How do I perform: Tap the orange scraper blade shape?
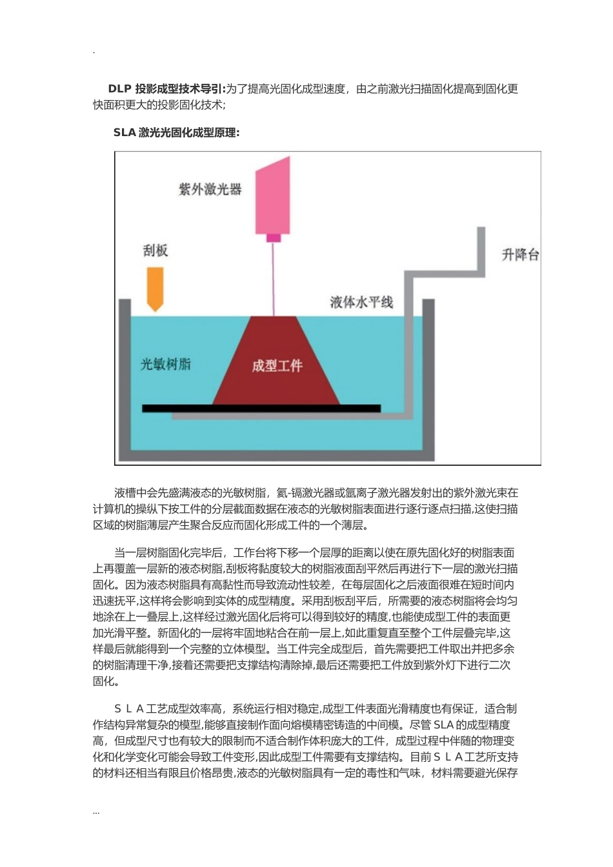point(155,286)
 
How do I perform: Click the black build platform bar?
point(261,408)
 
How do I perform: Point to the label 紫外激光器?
point(210,189)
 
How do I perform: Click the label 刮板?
point(156,250)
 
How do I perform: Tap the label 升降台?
point(520,254)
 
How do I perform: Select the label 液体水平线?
point(361,302)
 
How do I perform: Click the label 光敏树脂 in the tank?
point(166,364)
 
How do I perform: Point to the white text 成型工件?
point(277,366)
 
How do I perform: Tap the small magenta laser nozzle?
point(274,237)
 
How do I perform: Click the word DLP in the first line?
point(119,89)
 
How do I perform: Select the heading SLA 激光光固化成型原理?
point(176,132)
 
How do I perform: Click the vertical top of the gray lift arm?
point(481,248)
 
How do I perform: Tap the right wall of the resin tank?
point(429,381)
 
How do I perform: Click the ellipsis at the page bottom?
point(96,812)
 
